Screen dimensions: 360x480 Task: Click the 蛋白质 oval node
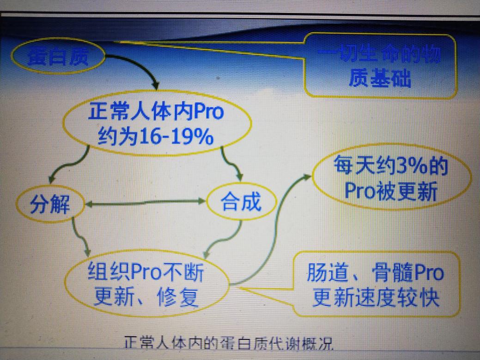[x=58, y=57]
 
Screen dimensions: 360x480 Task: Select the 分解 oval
[x=51, y=204]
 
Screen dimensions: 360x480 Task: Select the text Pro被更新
[x=390, y=191]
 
